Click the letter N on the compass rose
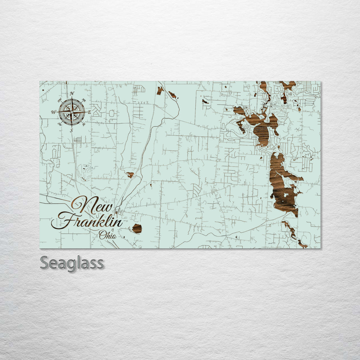(x=72, y=93)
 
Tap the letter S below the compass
(x=71, y=131)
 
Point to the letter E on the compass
(x=89, y=112)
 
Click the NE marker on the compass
(x=84, y=100)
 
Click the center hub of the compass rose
(x=71, y=112)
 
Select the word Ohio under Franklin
(x=108, y=235)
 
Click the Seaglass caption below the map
(x=72, y=263)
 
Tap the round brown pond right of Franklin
(x=137, y=228)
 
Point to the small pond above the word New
(x=130, y=174)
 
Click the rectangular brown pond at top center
(x=160, y=90)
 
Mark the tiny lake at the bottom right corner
(x=302, y=245)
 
